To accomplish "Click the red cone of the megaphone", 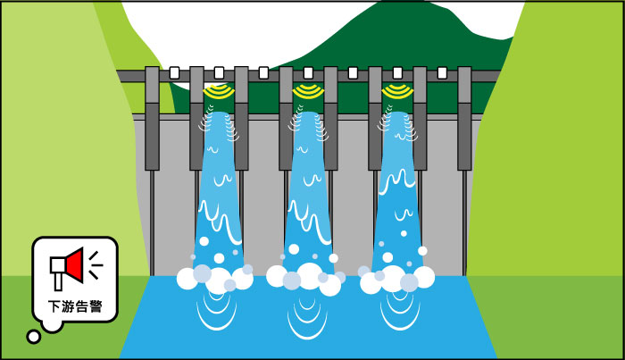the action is click(x=75, y=265).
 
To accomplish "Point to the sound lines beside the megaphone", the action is click(x=96, y=265).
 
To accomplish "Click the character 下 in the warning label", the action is click(x=54, y=306).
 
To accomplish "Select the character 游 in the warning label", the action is click(x=68, y=306).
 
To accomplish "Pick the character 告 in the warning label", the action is click(x=82, y=306).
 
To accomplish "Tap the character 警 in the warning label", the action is click(x=96, y=306).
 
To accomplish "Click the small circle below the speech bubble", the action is click(x=34, y=337).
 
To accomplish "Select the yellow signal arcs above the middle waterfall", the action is click(x=308, y=92).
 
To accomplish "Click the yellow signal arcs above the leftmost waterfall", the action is click(x=219, y=92).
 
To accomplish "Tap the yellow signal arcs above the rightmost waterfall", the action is click(x=397, y=92).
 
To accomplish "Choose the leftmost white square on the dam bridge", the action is click(x=174, y=73).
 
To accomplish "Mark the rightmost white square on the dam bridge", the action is click(x=442, y=73).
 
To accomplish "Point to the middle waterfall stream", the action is click(x=307, y=191).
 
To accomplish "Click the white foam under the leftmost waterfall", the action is click(x=215, y=277).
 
